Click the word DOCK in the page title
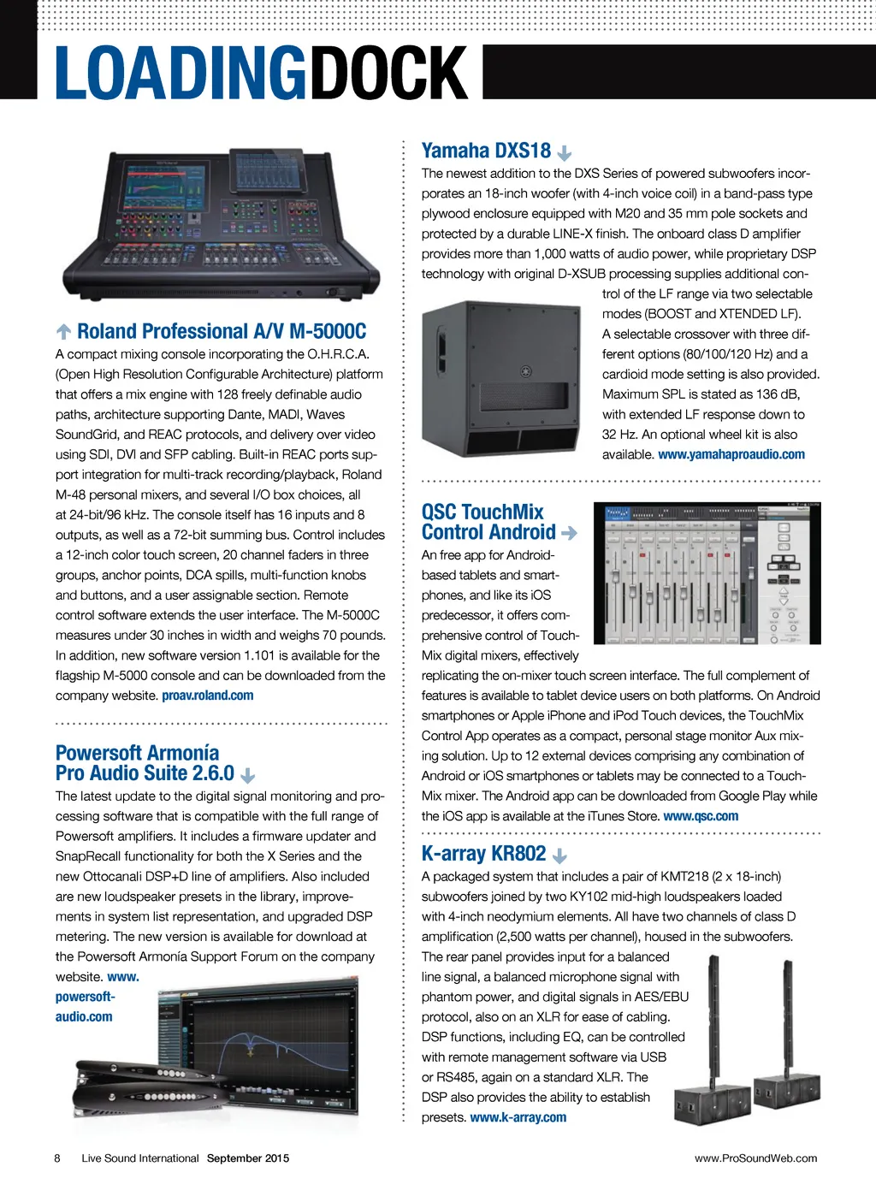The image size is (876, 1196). [388, 74]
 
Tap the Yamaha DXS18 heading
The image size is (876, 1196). [486, 151]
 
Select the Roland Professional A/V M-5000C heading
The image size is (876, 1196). [222, 332]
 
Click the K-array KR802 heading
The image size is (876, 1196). [483, 854]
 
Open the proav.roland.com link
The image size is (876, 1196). [208, 696]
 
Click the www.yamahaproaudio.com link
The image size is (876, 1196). [731, 454]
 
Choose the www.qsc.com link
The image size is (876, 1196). [701, 816]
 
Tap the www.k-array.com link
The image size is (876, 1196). [518, 1117]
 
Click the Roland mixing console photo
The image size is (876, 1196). [221, 224]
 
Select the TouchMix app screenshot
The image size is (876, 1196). [707, 573]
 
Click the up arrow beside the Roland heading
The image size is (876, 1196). [64, 332]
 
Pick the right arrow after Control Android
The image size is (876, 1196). [569, 533]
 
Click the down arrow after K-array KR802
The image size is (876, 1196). [560, 856]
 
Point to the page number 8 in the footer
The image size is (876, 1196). [57, 1158]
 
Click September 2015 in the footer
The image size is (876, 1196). [248, 1158]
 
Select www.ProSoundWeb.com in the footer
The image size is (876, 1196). [755, 1158]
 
